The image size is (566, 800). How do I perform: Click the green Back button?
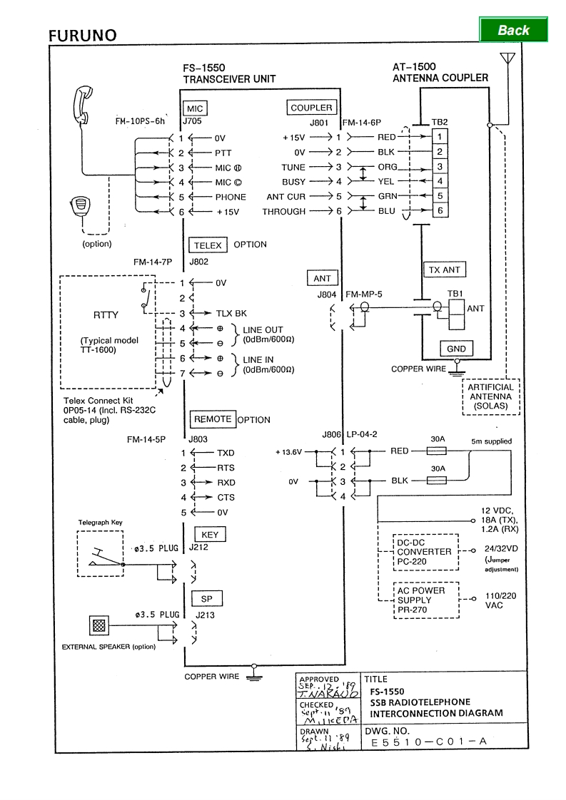click(513, 30)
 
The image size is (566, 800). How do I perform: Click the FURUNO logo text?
click(83, 36)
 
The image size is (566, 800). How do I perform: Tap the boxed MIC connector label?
click(195, 108)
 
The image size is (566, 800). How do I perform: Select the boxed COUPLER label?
click(311, 108)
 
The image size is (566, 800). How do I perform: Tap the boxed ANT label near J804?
click(323, 278)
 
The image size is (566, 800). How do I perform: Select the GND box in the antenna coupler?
click(457, 349)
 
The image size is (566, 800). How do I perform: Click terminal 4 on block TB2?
click(440, 181)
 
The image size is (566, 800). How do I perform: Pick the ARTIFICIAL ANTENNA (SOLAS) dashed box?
click(490, 397)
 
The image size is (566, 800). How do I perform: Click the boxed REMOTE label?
click(213, 419)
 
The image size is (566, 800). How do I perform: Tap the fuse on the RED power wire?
click(435, 451)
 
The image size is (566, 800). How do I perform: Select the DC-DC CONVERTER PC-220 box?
click(424, 552)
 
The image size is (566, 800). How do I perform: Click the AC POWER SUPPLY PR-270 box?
click(424, 600)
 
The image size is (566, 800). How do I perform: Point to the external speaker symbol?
click(99, 626)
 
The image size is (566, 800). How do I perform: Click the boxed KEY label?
click(210, 535)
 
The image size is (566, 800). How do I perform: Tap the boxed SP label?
click(206, 600)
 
